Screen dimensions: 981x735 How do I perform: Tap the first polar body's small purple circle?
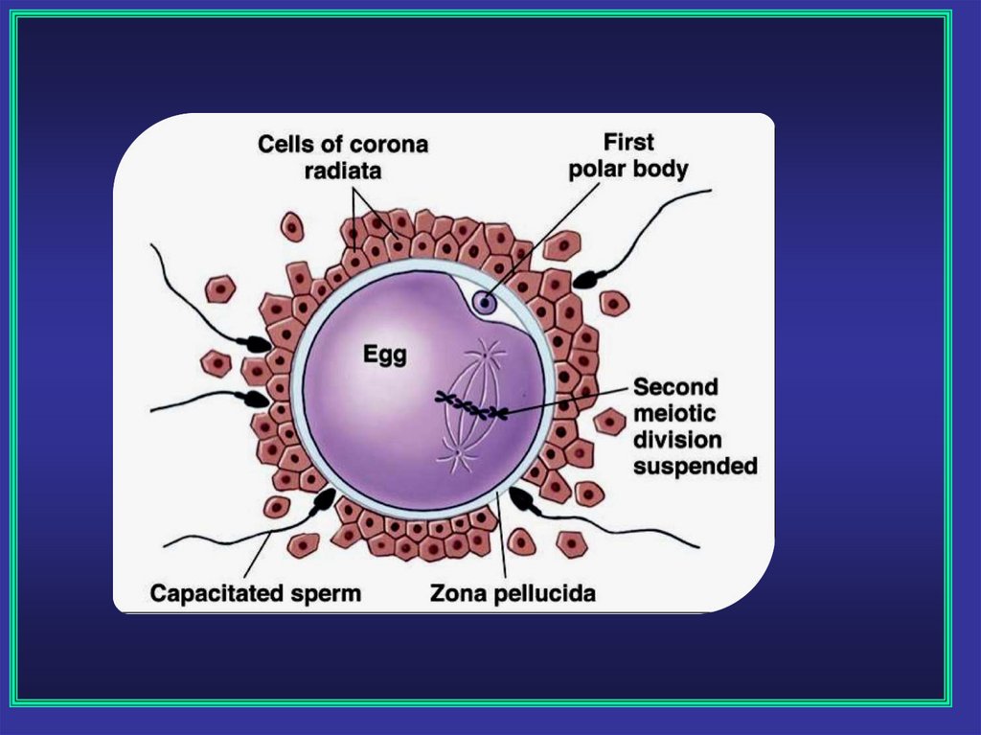pos(486,304)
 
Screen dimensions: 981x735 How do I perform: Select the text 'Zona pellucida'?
pos(513,593)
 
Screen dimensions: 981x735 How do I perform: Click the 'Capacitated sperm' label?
pos(256,593)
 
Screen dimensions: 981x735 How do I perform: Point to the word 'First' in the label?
pos(628,143)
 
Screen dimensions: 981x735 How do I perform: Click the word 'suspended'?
pos(696,467)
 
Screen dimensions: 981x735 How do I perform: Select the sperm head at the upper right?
pos(585,279)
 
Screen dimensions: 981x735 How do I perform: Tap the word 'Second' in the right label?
pos(675,387)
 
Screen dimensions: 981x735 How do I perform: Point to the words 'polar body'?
pos(628,170)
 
